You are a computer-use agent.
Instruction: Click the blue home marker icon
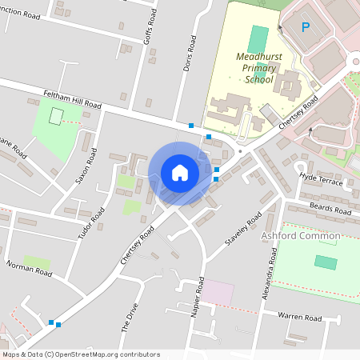coord(179,173)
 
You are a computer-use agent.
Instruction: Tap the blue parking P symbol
coord(305,27)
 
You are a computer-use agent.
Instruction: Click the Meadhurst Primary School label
coord(258,69)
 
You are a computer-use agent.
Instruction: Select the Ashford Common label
coord(301,236)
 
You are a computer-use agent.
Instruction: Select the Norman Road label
coord(30,268)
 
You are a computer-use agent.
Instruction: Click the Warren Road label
coord(300,318)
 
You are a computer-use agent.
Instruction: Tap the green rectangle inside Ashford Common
coord(326,262)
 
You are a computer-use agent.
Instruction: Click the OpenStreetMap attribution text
coord(81,354)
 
